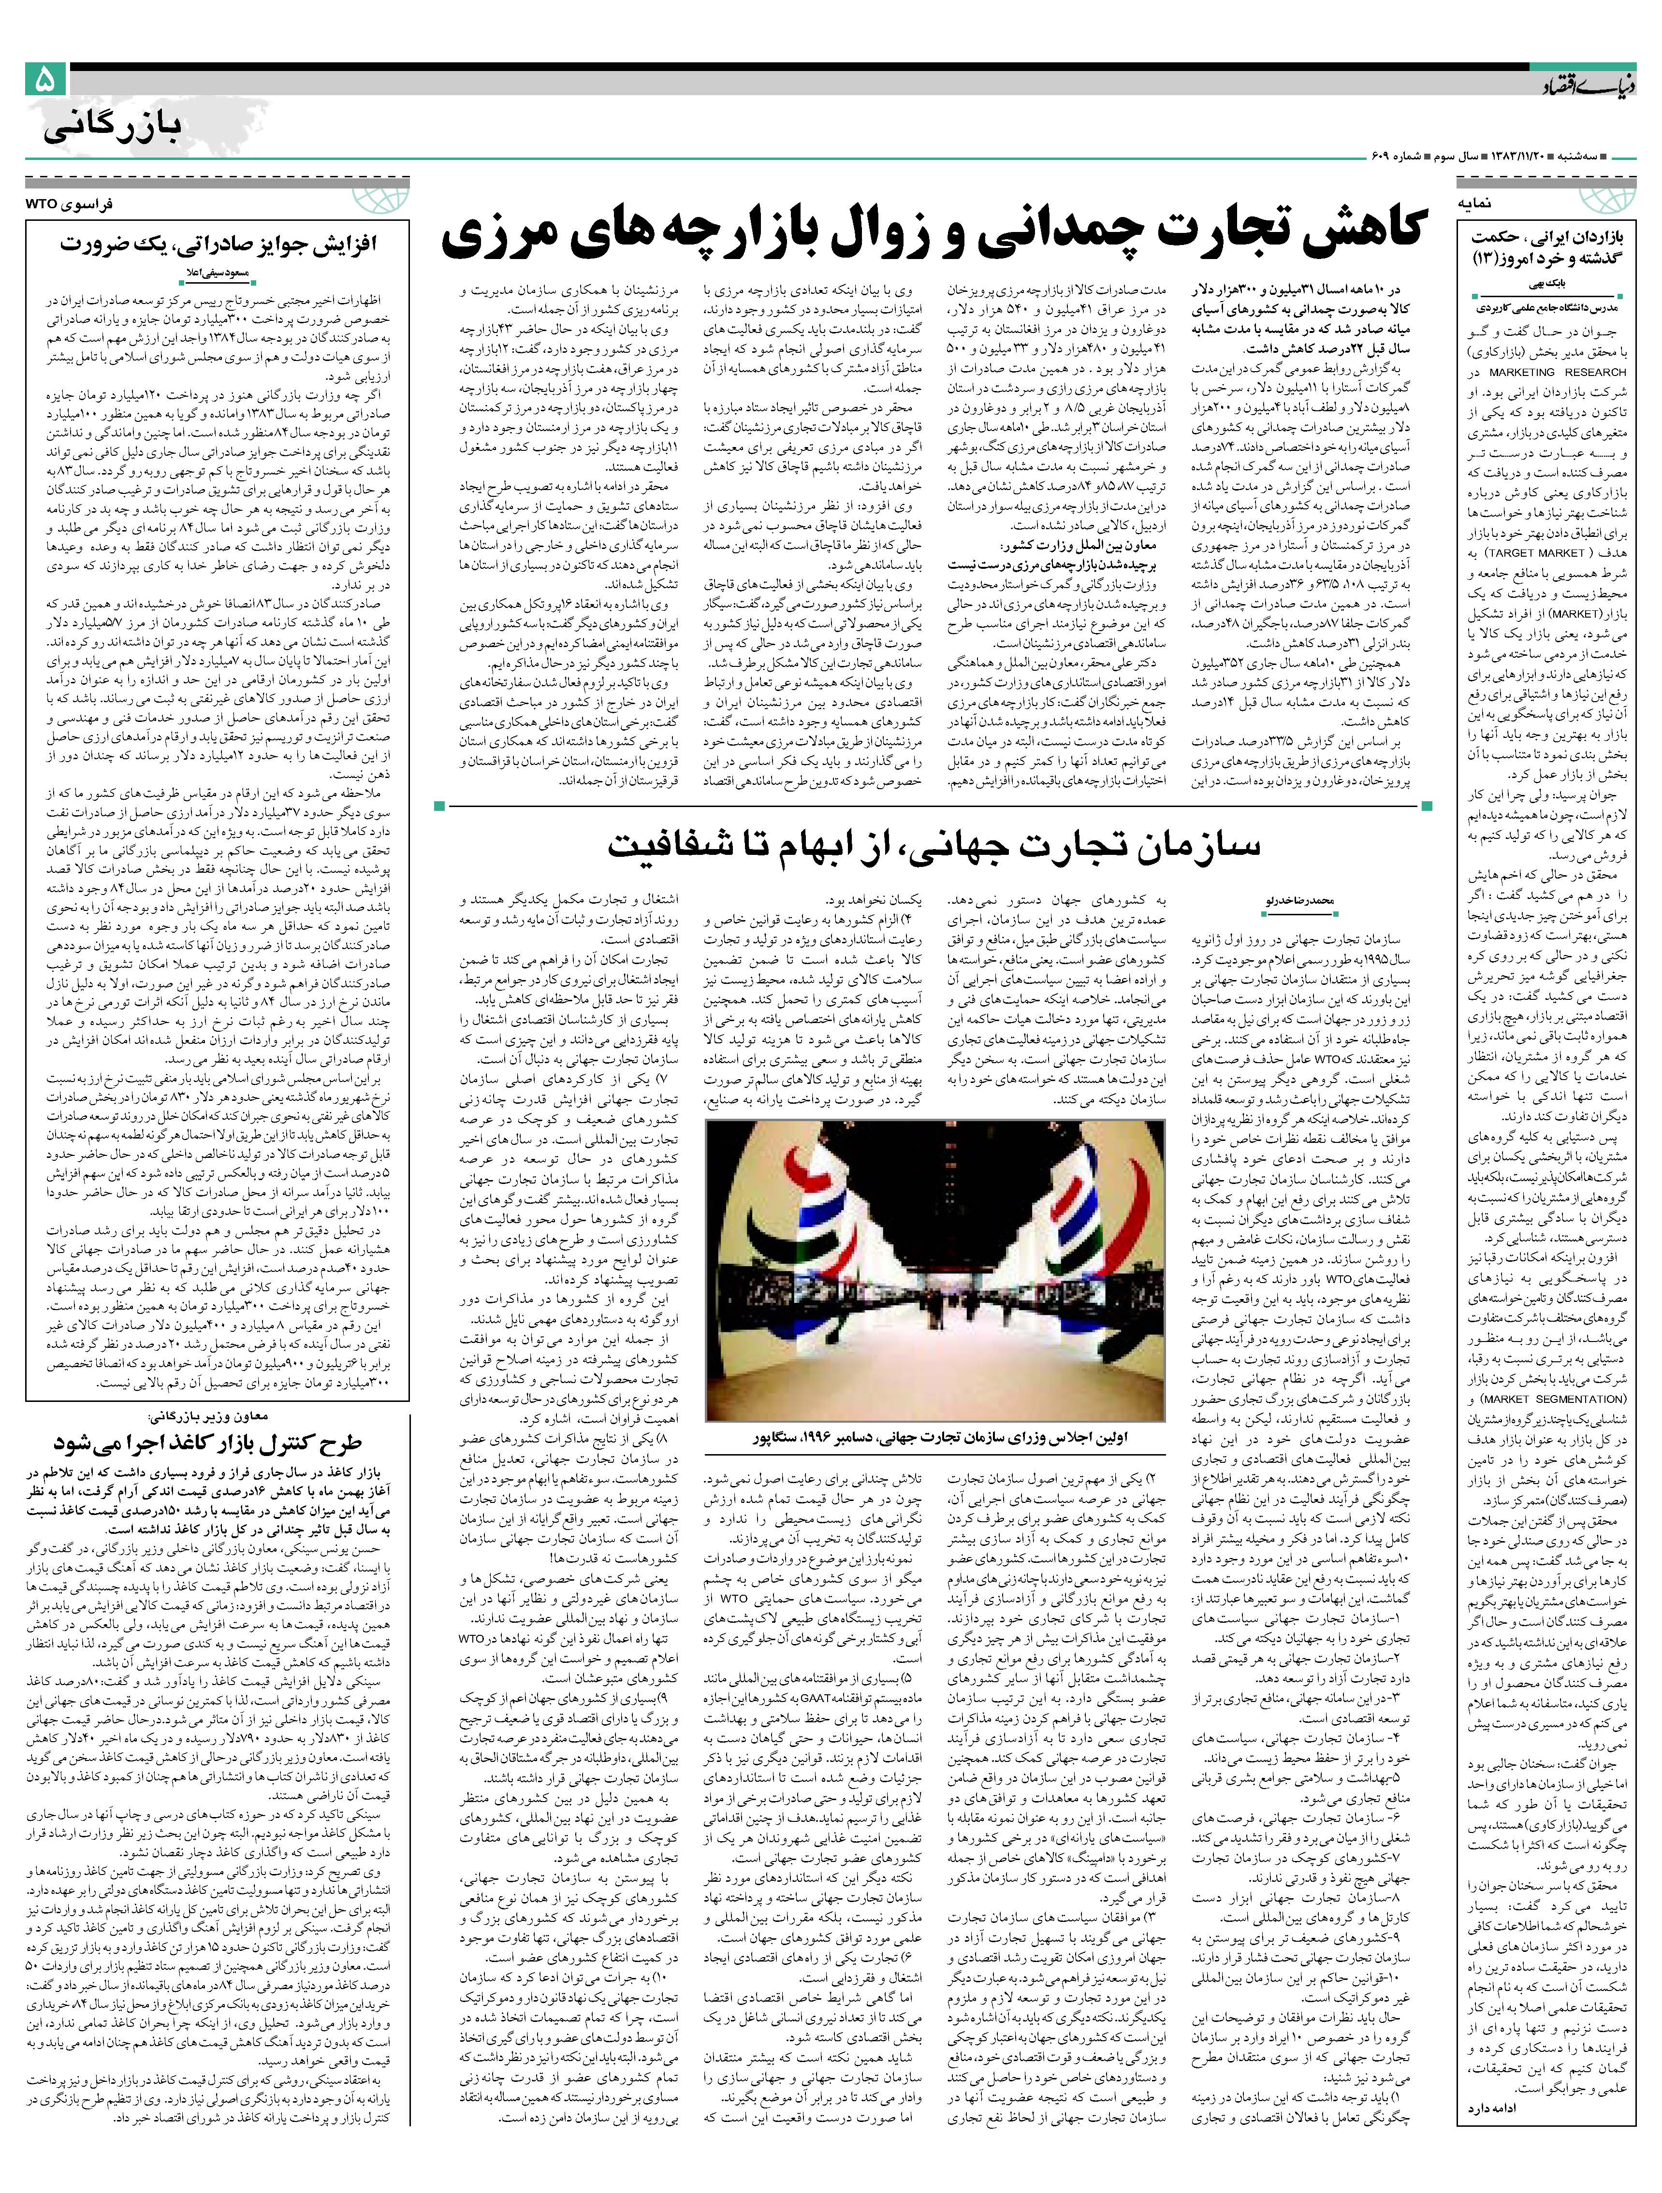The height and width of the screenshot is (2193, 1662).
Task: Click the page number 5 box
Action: (x=44, y=79)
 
